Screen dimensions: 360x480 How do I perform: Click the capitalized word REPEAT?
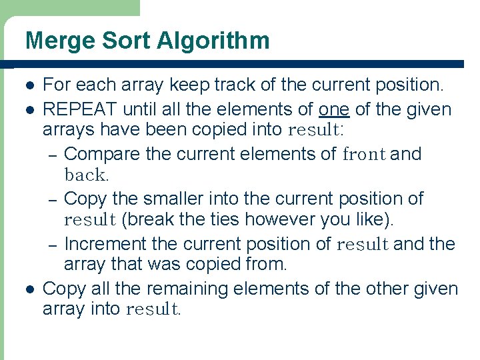pyautogui.click(x=79, y=109)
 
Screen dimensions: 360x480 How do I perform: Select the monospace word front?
pyautogui.click(x=364, y=155)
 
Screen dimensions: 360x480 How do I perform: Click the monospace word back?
pyautogui.click(x=85, y=176)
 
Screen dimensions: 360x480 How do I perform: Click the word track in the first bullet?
pyautogui.click(x=211, y=85)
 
